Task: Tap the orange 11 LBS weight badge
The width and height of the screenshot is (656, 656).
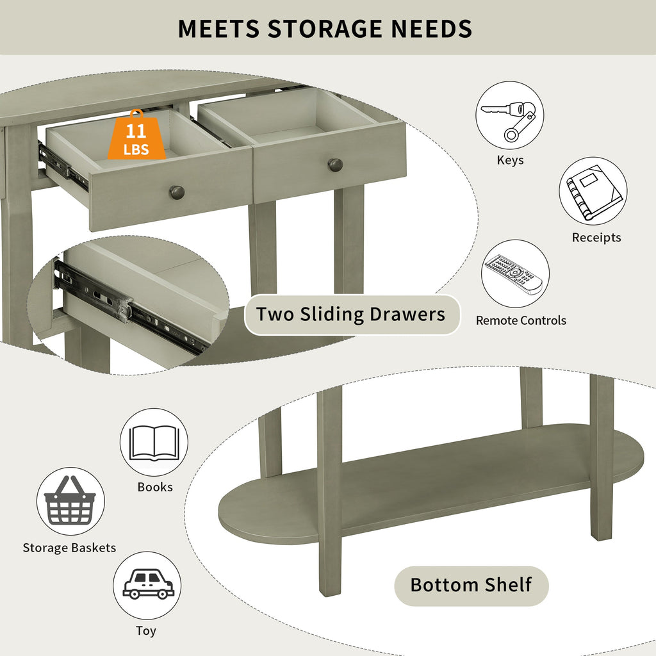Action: click(x=136, y=136)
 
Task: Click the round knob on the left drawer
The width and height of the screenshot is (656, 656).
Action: click(x=177, y=192)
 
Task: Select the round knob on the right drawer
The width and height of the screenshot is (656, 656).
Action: click(x=335, y=165)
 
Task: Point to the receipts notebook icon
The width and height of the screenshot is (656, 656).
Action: click(x=593, y=191)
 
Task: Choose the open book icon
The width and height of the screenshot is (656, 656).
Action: click(x=154, y=443)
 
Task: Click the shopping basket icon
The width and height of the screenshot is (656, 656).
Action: click(x=70, y=501)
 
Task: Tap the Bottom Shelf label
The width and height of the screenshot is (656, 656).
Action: click(x=471, y=586)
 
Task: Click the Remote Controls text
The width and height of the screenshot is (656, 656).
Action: click(x=521, y=320)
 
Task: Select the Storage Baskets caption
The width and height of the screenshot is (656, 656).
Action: click(x=69, y=548)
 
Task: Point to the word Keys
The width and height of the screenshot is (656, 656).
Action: click(x=510, y=160)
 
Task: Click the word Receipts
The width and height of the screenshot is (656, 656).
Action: click(x=596, y=238)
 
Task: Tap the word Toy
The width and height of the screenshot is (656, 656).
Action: click(x=146, y=631)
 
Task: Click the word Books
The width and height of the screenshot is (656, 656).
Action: click(x=155, y=487)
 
